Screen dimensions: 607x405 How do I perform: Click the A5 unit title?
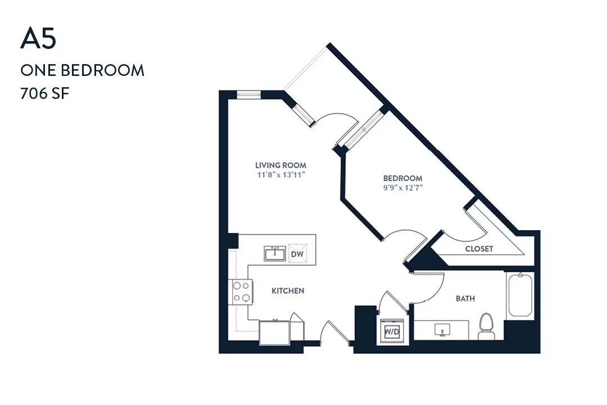38,39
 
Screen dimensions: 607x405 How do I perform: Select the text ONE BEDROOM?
83,70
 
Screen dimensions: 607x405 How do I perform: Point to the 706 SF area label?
44,93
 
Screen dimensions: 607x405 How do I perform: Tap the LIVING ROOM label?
280,165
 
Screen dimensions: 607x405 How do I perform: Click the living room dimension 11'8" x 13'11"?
281,175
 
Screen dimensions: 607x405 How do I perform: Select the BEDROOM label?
402,178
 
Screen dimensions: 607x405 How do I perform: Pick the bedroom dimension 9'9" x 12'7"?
402,188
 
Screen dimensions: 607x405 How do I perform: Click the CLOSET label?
479,249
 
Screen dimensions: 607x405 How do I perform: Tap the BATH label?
465,299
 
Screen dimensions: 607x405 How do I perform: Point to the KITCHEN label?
288,291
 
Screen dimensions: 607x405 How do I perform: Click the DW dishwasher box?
297,254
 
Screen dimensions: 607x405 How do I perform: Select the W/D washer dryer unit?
392,331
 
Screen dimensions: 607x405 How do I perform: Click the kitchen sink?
275,254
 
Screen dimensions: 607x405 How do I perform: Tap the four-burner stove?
242,292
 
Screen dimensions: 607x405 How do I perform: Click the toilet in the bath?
486,326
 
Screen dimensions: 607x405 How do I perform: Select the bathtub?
520,295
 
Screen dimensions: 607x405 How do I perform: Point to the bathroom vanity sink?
442,330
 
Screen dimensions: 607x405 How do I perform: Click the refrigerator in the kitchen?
274,332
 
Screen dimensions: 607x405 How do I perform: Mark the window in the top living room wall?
249,94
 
